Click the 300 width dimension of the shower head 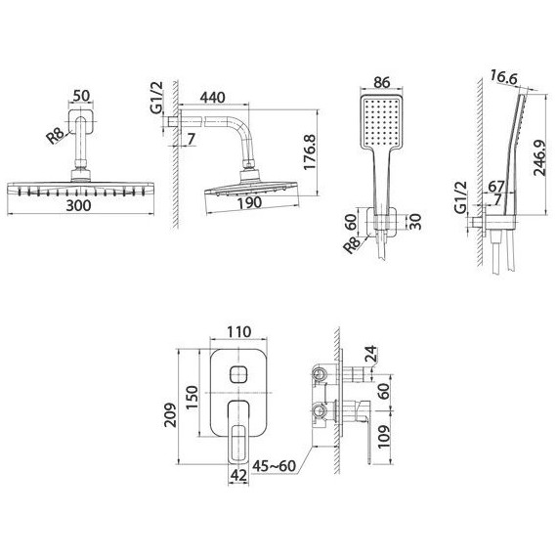[78, 205]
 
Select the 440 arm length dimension [212, 97]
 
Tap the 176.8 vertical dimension [310, 151]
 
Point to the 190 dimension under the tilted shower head [249, 203]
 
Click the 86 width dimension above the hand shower [382, 82]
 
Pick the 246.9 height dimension [539, 157]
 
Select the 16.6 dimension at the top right [504, 77]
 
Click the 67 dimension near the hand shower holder [495, 187]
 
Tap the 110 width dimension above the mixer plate [238, 332]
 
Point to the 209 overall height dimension [170, 414]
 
